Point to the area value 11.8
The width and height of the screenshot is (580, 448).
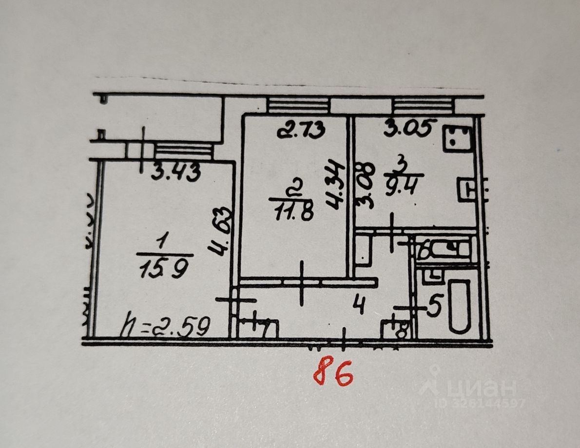(x=294, y=211)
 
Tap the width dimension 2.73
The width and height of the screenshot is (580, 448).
(x=300, y=130)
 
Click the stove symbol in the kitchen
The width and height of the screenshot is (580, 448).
(x=458, y=138)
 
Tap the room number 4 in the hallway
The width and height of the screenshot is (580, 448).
(x=359, y=306)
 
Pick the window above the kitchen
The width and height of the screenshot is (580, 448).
(x=422, y=105)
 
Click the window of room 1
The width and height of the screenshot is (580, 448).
(x=183, y=150)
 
